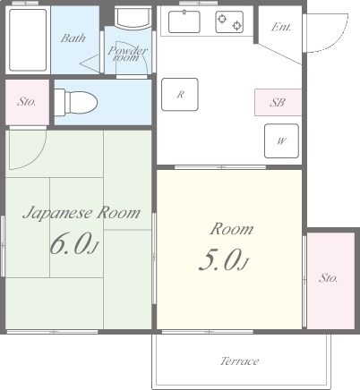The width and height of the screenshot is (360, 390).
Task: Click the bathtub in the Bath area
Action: pos(28,40)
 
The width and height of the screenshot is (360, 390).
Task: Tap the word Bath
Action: pos(73,38)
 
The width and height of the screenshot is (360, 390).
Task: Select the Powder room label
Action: pos(127,54)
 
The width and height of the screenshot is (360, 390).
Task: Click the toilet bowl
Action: pos(76,102)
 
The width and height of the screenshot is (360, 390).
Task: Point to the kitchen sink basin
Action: pos(184,21)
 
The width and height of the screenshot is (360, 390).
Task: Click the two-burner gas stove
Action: pos(229,22)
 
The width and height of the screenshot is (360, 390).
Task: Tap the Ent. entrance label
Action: pos(281,27)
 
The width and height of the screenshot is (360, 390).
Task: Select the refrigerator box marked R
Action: pos(180,95)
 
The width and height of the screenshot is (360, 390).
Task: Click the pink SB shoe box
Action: pos(278,102)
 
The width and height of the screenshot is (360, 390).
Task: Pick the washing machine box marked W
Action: pos(281,140)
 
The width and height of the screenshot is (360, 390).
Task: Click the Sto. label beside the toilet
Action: pos(27,102)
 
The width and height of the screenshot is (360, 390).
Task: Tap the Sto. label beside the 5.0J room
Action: pos(329,278)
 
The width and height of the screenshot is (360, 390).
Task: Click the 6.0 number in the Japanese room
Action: pos(71,243)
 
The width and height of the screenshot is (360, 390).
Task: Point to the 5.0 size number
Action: pos(220,259)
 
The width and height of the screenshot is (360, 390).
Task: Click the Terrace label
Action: pos(239,361)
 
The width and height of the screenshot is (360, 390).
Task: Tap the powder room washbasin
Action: pos(133,19)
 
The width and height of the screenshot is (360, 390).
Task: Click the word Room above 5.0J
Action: pos(232,229)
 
